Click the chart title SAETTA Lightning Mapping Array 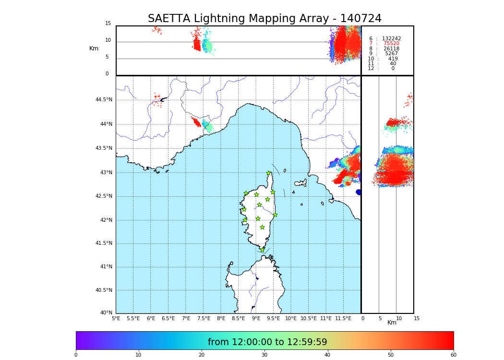[264, 19]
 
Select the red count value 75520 [391, 44]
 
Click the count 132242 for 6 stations [391, 39]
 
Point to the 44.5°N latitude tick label [104, 100]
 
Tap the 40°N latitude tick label [106, 313]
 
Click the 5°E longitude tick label [116, 318]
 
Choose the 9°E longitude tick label [256, 318]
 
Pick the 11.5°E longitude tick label [343, 318]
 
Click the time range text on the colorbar [267, 342]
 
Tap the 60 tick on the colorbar [453, 355]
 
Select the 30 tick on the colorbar [264, 355]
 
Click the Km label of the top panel [94, 48]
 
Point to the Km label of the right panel [392, 323]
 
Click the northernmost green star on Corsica [269, 173]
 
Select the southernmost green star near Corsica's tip [262, 250]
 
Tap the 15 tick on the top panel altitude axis [108, 24]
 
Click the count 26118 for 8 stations [391, 49]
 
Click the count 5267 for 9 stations [391, 54]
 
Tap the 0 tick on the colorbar [76, 355]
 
